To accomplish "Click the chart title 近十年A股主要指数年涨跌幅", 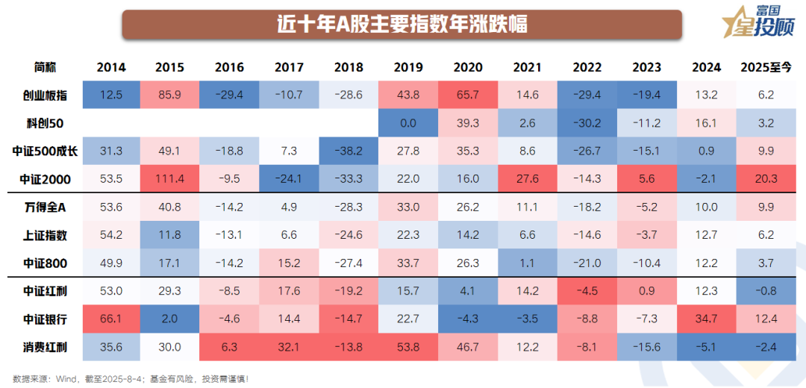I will [x=402, y=25].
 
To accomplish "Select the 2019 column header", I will [x=408, y=67].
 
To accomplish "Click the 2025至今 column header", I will [x=765, y=67].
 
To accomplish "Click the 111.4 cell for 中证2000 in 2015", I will [x=170, y=179].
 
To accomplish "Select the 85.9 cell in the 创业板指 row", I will [x=170, y=95].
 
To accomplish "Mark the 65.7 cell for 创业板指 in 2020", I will [x=468, y=95].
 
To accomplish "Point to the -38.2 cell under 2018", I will [x=349, y=151].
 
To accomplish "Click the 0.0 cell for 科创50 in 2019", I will [x=408, y=122].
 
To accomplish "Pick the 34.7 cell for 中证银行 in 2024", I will [x=706, y=319].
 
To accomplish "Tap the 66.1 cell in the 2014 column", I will [x=111, y=319].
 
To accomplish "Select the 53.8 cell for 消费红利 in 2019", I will [x=408, y=347].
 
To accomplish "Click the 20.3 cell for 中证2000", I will [x=765, y=179].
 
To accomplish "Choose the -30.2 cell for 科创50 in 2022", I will [x=587, y=122].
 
